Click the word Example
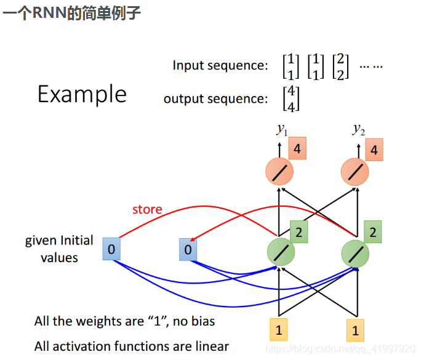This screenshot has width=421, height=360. (82, 94)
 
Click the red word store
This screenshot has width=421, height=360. (147, 209)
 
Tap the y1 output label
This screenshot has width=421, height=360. (282, 129)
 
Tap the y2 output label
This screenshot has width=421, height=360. (358, 129)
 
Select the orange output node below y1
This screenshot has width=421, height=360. (280, 172)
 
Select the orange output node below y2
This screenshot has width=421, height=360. (356, 172)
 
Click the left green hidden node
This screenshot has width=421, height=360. (281, 252)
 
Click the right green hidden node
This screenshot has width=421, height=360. (356, 252)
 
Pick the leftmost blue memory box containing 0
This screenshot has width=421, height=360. (111, 249)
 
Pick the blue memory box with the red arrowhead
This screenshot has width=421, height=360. (188, 249)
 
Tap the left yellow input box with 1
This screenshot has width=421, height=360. (279, 330)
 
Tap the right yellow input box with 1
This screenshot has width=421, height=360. (355, 330)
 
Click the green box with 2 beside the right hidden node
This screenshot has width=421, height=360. (372, 233)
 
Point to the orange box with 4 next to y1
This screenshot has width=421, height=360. (297, 149)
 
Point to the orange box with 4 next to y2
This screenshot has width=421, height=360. (374, 150)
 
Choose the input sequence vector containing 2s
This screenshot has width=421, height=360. (340, 66)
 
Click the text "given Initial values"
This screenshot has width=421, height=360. (59, 249)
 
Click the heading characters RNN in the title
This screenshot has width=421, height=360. (48, 13)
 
